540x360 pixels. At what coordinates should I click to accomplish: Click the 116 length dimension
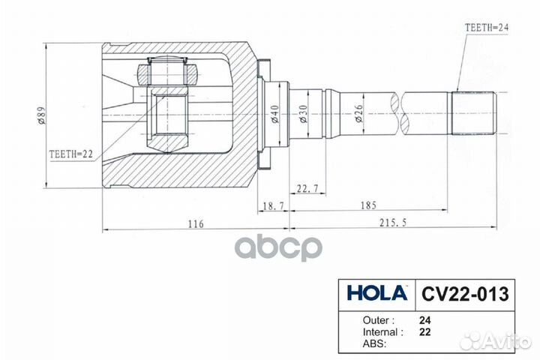[x=196, y=223]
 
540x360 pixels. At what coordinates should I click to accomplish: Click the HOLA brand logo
[x=377, y=293]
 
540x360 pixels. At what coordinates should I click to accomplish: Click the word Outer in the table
[x=367, y=318]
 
